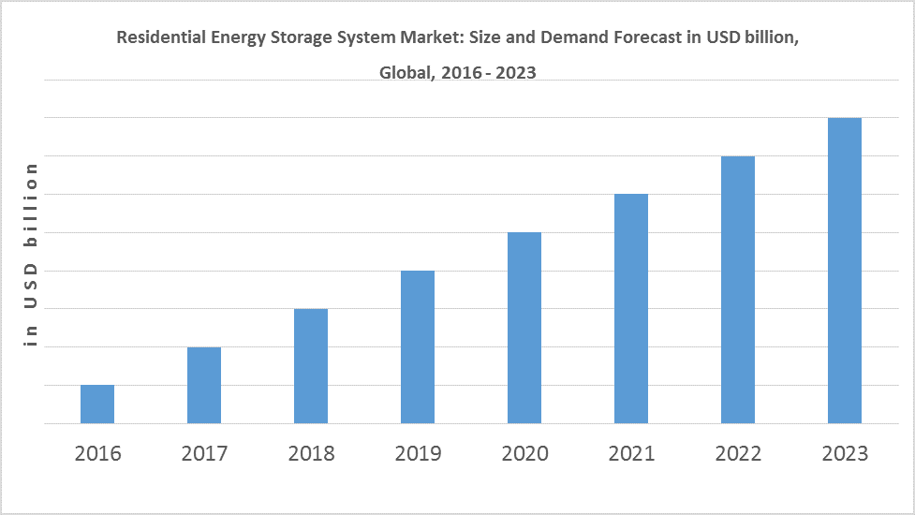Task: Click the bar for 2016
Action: click(97, 405)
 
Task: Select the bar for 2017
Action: click(204, 386)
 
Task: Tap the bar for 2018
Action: click(311, 366)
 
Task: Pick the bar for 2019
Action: click(418, 347)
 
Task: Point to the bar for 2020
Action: click(524, 328)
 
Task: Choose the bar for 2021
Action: click(631, 309)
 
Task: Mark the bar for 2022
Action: click(738, 290)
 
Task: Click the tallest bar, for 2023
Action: click(845, 271)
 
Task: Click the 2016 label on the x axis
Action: click(97, 454)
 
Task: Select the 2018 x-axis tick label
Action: click(311, 454)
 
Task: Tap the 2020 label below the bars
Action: click(524, 454)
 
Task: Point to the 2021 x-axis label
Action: click(631, 454)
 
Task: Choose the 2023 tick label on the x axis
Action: click(845, 454)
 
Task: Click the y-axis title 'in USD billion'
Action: click(31, 255)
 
